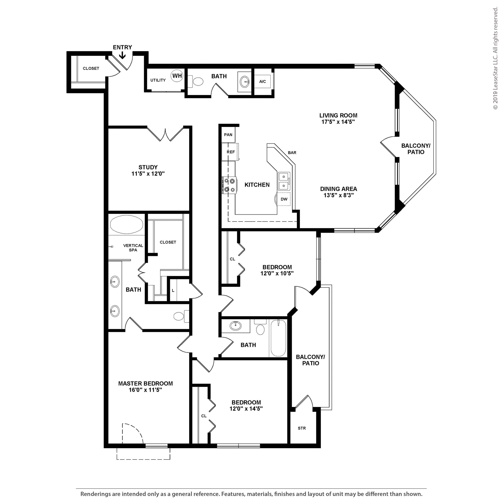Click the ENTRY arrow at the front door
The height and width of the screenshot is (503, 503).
(x=122, y=55)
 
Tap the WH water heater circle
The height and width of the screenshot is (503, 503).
(x=177, y=76)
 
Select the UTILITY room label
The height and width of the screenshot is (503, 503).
(x=158, y=80)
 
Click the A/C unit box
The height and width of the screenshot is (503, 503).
(x=263, y=82)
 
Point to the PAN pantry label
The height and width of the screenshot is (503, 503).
(x=228, y=135)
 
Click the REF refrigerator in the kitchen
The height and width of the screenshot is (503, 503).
(x=230, y=152)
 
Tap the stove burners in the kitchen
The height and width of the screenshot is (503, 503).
(x=229, y=185)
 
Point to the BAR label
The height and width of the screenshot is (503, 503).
(x=292, y=153)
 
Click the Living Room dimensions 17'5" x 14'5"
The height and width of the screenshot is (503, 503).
(x=338, y=122)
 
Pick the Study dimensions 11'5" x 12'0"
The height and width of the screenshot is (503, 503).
(x=148, y=174)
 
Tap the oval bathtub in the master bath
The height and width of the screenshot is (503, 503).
(x=126, y=224)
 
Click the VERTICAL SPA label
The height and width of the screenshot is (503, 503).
(x=133, y=248)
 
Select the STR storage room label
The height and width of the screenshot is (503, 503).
(x=302, y=428)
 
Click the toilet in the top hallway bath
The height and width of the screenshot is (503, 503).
(x=196, y=82)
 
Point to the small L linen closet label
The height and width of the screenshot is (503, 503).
(x=173, y=291)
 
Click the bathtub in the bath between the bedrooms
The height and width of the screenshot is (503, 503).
(x=278, y=338)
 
